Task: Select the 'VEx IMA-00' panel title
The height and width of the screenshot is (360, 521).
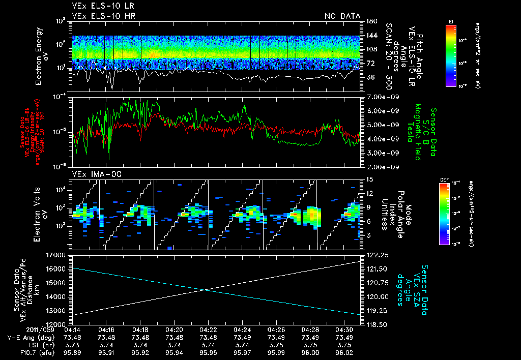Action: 91,174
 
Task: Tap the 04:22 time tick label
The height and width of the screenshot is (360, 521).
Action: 208,329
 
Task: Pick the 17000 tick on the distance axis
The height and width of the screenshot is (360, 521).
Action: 62,255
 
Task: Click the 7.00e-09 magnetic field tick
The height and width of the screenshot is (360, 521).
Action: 377,97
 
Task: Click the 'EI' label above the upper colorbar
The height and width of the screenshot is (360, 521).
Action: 451,21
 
